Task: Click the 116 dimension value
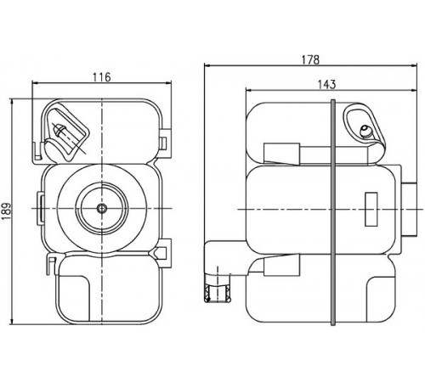102,77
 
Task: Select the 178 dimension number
310,60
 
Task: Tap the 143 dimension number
326,84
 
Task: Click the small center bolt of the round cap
102,209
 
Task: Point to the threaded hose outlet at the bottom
218,294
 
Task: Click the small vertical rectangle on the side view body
371,210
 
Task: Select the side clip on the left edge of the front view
41,208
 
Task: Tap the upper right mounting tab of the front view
165,143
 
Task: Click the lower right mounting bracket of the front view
164,253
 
